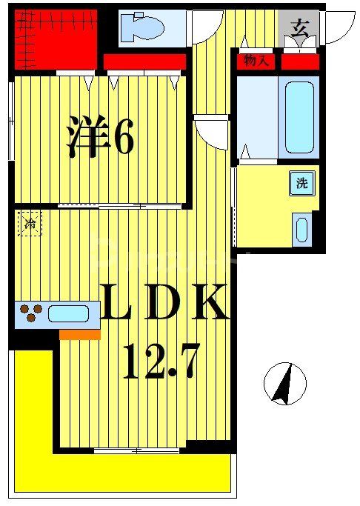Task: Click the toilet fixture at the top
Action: [x=141, y=27]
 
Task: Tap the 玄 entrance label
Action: [x=300, y=30]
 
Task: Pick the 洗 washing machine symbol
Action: [x=302, y=183]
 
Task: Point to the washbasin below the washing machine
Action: [x=301, y=229]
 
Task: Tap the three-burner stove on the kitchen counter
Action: [x=30, y=313]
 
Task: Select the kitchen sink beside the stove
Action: [x=68, y=313]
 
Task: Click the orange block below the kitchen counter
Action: [x=79, y=335]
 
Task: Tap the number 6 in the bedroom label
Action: [x=123, y=139]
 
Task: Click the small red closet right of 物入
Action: [x=300, y=62]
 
